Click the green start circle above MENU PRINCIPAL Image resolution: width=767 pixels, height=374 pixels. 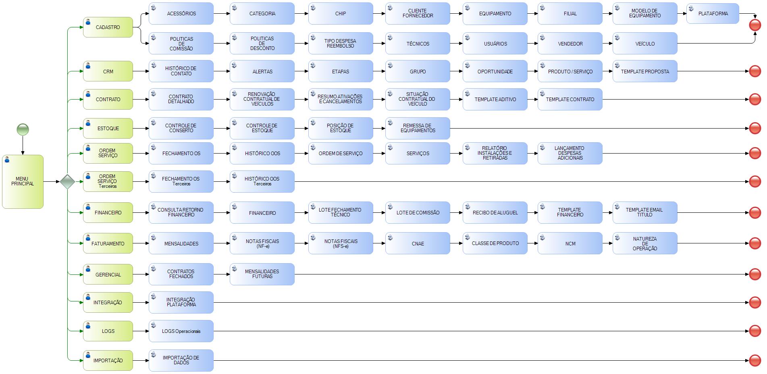[x=23, y=130]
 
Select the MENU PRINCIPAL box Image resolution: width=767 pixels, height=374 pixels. [x=23, y=181]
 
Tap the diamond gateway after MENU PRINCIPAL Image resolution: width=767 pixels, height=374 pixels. [x=67, y=181]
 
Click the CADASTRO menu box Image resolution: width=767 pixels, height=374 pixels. [x=108, y=27]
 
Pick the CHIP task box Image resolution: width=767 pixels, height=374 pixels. [x=341, y=14]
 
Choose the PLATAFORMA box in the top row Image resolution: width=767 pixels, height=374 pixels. [x=713, y=14]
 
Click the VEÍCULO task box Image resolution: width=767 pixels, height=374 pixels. [x=645, y=44]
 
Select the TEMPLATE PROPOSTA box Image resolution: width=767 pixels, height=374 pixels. [x=645, y=71]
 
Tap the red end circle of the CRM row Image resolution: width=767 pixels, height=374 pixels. [x=755, y=71]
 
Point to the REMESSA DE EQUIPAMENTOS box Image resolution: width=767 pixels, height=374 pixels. [x=418, y=128]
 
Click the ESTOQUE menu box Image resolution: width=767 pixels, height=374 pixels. [x=108, y=129]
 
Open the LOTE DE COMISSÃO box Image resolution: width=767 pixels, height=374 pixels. [x=418, y=212]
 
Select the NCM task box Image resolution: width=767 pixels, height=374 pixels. [x=570, y=243]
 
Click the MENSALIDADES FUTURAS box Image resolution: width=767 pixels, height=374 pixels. [x=262, y=274]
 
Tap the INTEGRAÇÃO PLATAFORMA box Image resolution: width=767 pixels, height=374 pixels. [x=181, y=302]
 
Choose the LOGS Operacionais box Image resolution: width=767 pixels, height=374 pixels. [x=181, y=331]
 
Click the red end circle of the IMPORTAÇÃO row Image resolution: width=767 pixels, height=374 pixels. [x=755, y=360]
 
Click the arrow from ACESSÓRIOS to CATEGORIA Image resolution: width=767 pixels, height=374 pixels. [x=222, y=14]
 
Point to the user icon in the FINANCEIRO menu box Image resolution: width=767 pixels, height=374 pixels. [x=88, y=207]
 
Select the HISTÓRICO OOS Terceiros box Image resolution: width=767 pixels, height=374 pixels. [x=262, y=181]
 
